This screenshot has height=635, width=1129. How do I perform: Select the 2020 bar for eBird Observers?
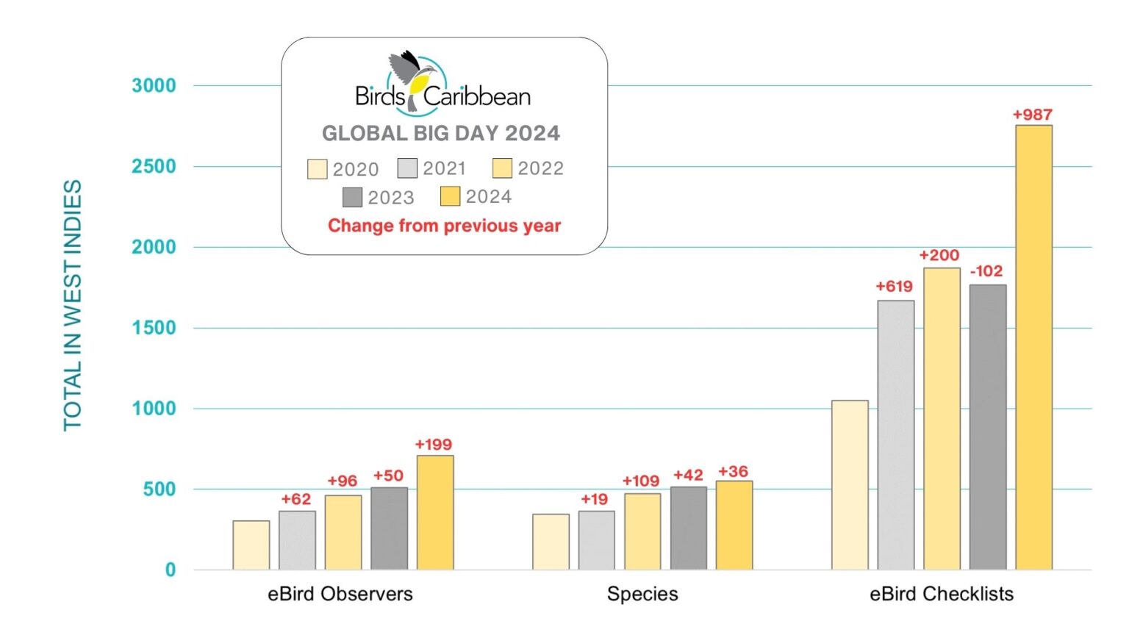click(x=251, y=545)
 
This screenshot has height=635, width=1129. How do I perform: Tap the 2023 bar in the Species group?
click(x=688, y=528)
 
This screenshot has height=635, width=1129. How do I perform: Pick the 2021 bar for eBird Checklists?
click(x=895, y=434)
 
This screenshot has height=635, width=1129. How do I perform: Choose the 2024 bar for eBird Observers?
click(x=435, y=512)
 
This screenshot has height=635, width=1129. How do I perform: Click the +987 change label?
click(x=1032, y=115)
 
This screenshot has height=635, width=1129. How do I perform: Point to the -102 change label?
click(x=986, y=271)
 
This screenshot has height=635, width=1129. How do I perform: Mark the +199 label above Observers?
click(x=433, y=445)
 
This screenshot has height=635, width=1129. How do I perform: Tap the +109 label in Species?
click(x=641, y=481)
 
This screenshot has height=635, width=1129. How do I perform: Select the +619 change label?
click(x=894, y=287)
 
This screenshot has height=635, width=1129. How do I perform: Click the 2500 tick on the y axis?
click(x=154, y=166)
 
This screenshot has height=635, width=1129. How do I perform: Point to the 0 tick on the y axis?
click(x=171, y=570)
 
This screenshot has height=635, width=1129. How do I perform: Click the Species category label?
click(x=642, y=594)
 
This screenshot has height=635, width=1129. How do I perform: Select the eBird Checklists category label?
click(x=941, y=594)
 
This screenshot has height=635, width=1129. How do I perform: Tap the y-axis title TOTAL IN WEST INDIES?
click(x=73, y=305)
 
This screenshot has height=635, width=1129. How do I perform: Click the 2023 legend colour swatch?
click(x=352, y=197)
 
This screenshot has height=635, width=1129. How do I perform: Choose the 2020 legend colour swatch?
click(x=317, y=169)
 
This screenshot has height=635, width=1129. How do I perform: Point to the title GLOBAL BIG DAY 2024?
click(x=441, y=133)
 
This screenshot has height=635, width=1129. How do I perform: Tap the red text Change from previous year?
click(x=444, y=226)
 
